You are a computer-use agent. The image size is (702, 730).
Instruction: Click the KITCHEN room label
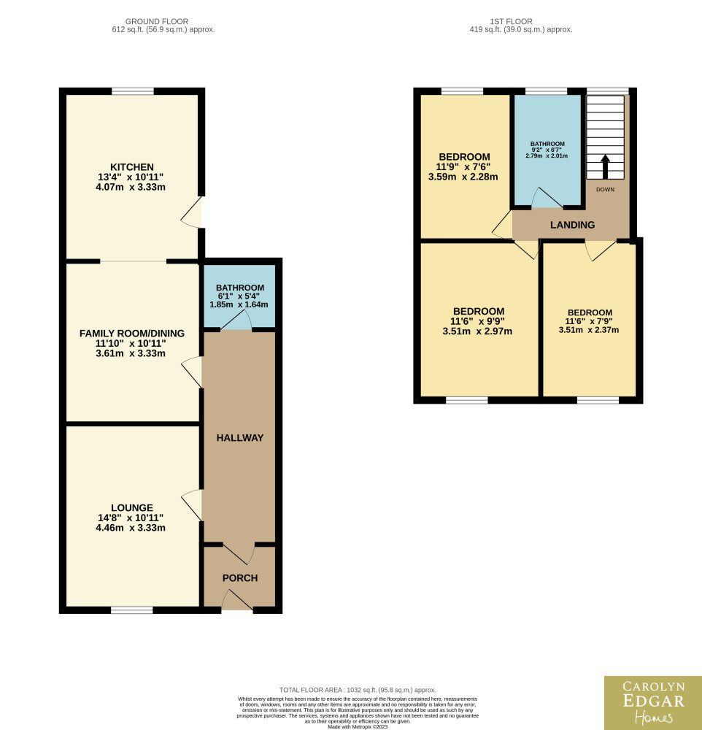132,166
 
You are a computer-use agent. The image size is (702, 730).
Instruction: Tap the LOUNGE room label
132,507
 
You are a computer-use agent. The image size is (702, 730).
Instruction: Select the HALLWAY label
240,437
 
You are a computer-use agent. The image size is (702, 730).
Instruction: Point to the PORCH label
240,577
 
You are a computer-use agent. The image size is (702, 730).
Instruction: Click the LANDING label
573,225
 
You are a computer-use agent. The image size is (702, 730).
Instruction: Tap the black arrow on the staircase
605,166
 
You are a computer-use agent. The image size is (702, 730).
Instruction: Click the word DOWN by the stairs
605,190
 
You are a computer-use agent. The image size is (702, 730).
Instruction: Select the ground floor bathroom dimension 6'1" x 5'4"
239,296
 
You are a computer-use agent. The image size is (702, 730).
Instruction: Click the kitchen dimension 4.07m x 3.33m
131,187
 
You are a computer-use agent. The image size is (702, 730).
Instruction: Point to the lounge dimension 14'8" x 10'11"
131,518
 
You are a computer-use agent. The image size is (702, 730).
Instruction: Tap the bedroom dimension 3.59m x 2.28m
463,177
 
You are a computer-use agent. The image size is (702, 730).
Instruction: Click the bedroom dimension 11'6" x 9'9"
478,321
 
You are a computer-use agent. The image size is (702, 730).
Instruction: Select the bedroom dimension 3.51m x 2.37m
589,330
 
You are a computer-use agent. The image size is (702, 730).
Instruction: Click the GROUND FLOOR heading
157,21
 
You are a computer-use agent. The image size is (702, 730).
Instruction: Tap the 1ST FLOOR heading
511,21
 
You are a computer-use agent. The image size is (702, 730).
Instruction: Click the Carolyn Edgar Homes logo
653,703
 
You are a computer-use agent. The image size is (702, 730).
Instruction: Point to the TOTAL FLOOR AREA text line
358,690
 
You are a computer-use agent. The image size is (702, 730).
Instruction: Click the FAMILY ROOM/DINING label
132,334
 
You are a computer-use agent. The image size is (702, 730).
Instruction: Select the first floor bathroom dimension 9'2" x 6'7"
547,150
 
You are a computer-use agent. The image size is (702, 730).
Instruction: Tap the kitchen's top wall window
133,91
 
